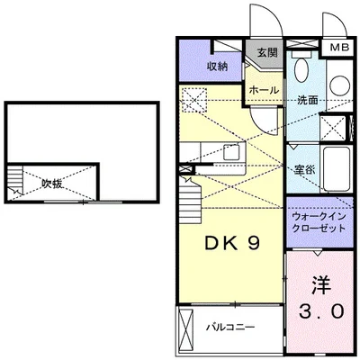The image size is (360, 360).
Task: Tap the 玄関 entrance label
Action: point(267,52)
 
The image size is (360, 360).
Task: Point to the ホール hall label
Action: point(264,90)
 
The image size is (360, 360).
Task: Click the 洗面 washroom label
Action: point(308,101)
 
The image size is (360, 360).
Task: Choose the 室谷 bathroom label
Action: point(304,167)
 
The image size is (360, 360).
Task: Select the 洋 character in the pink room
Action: point(319,284)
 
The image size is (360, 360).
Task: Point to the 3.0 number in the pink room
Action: point(319,312)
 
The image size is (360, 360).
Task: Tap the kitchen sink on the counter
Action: point(232,152)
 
